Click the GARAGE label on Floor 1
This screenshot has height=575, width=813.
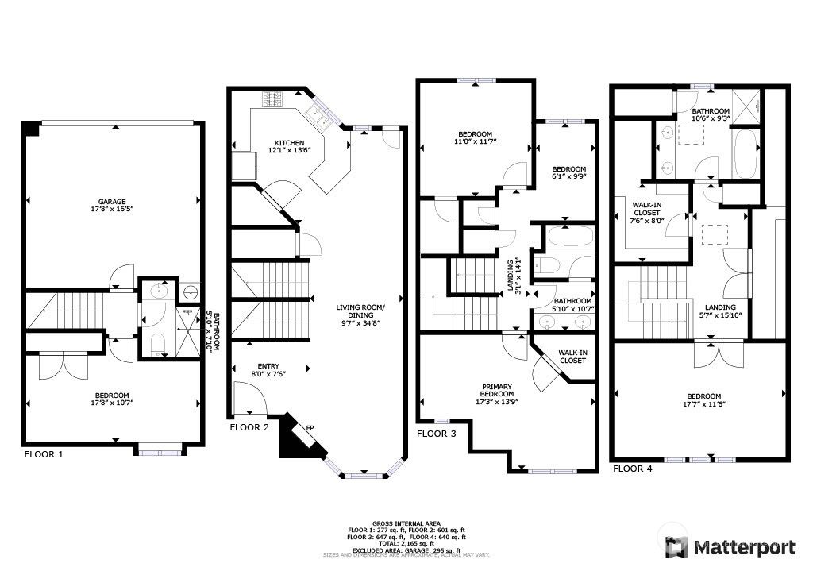coord(112,202)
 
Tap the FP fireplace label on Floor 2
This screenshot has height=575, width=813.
coord(310,428)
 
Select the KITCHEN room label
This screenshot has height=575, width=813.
coord(289,143)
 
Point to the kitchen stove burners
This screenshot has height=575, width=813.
coord(273,99)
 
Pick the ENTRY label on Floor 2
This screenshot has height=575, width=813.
coord(268,366)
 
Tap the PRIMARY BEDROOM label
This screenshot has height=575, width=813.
coord(497,390)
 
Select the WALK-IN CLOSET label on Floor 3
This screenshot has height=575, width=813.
coord(572,357)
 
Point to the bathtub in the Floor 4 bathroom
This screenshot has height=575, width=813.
coord(745,154)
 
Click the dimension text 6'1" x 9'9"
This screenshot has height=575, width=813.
coord(568,176)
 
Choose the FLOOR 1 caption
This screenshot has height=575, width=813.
coord(44,455)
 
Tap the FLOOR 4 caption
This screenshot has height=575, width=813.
coord(633,469)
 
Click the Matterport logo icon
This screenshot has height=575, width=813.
coord(676,547)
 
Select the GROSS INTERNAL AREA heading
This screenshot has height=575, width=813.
coord(406,523)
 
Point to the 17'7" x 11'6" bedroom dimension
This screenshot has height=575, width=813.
coord(703,404)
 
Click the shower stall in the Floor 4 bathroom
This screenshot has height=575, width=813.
coord(746,106)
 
